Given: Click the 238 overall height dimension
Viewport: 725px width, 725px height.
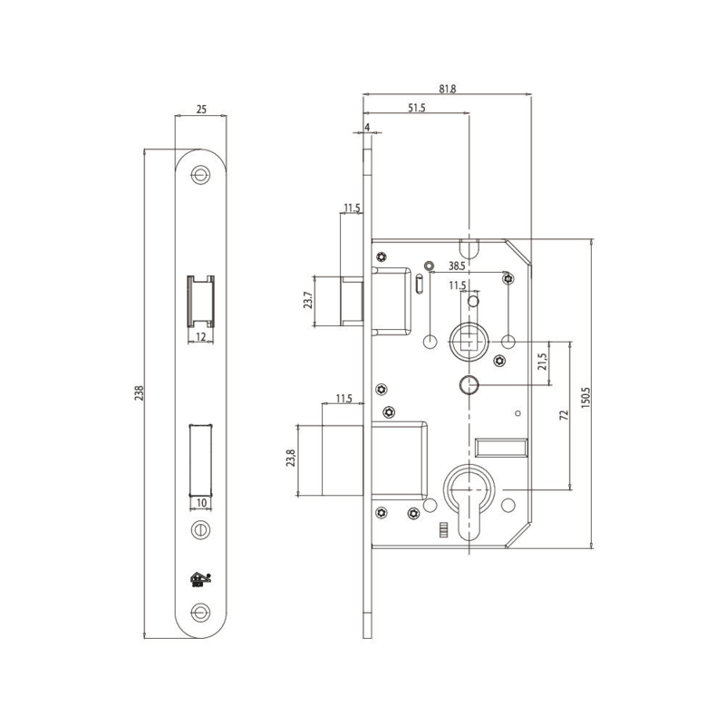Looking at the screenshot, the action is tap(140, 393).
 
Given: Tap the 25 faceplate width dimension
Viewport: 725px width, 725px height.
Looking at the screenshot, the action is tap(201, 110).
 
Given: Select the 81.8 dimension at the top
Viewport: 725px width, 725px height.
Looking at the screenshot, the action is tap(447, 88).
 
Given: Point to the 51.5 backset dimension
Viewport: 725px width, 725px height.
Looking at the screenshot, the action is tap(417, 108).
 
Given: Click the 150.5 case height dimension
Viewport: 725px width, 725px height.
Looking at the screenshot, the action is tap(585, 397).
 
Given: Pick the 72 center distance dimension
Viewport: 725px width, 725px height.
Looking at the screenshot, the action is tap(564, 415).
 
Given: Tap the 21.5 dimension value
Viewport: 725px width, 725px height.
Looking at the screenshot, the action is tap(542, 362).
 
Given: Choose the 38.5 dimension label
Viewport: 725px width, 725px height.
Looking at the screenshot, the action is tap(457, 266).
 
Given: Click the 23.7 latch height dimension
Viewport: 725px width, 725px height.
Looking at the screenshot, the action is tap(308, 301).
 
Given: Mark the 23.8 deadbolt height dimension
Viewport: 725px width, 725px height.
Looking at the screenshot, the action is tap(290, 458).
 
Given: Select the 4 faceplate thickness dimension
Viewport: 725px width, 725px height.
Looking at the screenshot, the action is tap(367, 127).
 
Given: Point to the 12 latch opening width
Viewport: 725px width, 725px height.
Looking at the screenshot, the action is tap(200, 336).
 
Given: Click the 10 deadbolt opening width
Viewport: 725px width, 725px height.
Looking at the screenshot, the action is tap(201, 503).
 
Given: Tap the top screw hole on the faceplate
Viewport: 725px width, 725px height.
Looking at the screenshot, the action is tap(200, 175).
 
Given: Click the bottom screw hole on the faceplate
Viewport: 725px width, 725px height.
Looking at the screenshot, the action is tap(200, 613).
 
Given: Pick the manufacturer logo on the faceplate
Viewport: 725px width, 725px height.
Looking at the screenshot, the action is tap(200, 579).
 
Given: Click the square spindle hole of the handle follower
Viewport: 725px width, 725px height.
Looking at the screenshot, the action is tap(469, 343).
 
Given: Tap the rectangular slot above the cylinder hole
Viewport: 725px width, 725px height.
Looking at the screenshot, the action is tap(501, 447).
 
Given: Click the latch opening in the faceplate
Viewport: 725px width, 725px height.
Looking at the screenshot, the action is tap(200, 302).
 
